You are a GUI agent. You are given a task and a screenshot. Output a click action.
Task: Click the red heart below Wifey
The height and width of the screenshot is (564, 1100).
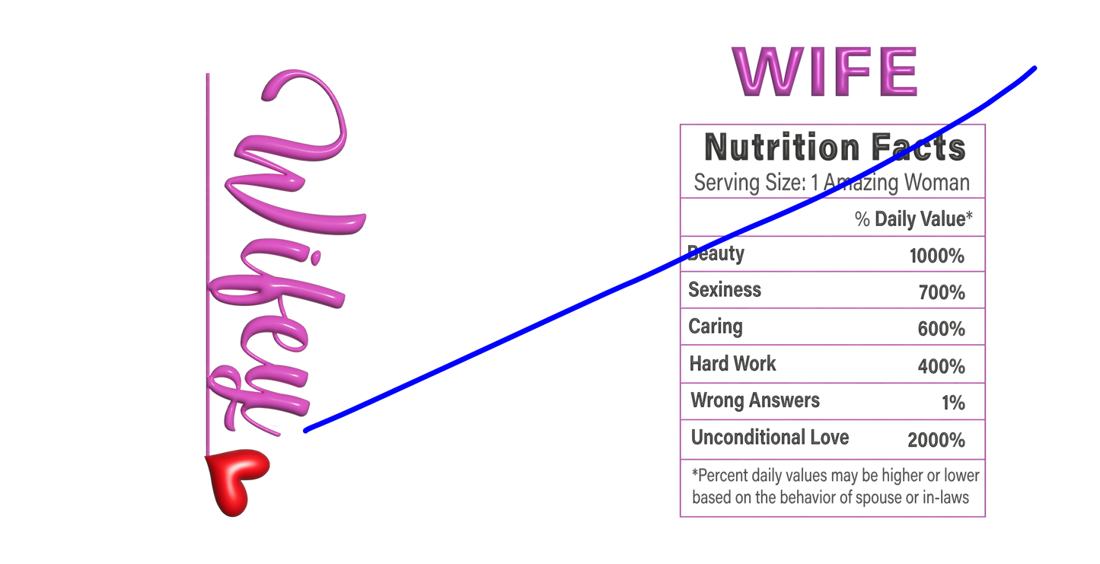pyautogui.click(x=237, y=481)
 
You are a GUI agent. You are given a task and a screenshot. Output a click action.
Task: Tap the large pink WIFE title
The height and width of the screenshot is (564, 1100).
pyautogui.click(x=824, y=72)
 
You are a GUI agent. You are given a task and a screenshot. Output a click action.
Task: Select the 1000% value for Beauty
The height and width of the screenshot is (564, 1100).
pyautogui.click(x=936, y=256)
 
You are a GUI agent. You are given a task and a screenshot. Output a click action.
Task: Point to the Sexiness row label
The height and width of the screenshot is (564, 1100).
pyautogui.click(x=725, y=289)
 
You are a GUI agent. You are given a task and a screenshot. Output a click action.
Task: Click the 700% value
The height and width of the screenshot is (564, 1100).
pyautogui.click(x=942, y=292)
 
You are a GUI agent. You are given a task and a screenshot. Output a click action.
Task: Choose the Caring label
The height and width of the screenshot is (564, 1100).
pyautogui.click(x=715, y=327)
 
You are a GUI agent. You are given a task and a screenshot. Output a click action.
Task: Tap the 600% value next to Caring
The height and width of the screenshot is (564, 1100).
pyautogui.click(x=941, y=329)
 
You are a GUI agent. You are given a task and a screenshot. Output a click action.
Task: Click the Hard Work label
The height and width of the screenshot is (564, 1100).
pyautogui.click(x=732, y=364)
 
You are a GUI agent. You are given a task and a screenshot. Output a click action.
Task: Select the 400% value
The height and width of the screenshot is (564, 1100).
pyautogui.click(x=941, y=366)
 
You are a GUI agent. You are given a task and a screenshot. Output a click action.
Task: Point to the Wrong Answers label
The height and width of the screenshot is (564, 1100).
pyautogui.click(x=755, y=400)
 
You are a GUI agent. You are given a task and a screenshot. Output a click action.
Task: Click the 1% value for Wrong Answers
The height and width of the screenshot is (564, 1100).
pyautogui.click(x=953, y=403)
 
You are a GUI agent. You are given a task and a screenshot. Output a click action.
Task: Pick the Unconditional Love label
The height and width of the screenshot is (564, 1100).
pyautogui.click(x=770, y=438)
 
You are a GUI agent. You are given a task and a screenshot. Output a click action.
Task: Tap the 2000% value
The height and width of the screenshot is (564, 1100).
pyautogui.click(x=936, y=440)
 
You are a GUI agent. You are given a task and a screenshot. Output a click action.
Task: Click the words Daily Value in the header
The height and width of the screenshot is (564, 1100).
pyautogui.click(x=920, y=219)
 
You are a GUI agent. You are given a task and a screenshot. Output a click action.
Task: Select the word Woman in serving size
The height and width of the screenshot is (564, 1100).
pyautogui.click(x=937, y=183)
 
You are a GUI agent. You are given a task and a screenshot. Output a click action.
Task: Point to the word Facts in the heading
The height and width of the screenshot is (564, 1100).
pyautogui.click(x=918, y=147)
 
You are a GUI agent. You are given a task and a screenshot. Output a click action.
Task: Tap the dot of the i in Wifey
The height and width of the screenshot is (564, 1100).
pyautogui.click(x=317, y=257)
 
